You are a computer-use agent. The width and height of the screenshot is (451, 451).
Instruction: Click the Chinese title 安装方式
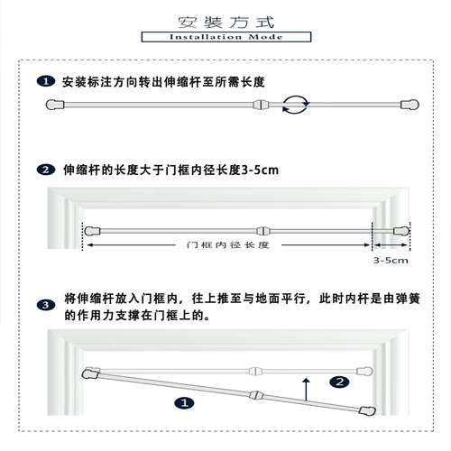[226, 23]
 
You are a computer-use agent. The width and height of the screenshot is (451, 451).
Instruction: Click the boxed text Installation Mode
[226, 37]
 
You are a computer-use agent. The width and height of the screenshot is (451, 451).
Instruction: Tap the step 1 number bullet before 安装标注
[46, 81]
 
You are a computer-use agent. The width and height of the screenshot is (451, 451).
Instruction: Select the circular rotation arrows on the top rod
[296, 105]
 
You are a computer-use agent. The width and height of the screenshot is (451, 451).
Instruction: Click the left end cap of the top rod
[55, 105]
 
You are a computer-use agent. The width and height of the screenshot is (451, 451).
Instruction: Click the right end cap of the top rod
[410, 105]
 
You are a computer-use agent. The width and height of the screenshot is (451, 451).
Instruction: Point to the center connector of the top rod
[261, 105]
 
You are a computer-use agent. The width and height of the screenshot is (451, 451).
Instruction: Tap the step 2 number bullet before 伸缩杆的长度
[46, 170]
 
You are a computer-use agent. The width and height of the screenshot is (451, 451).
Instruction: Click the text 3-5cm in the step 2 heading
[260, 170]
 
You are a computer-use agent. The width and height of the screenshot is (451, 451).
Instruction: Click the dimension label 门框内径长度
[227, 245]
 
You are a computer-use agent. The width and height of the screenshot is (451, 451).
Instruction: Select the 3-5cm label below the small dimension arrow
[391, 261]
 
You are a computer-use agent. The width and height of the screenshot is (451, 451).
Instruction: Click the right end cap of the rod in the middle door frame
[401, 231]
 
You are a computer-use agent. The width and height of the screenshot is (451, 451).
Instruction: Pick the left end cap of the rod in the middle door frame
[92, 231]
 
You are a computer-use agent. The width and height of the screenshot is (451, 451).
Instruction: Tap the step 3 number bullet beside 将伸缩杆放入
[46, 305]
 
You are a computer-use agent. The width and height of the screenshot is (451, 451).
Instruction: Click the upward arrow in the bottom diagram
[306, 390]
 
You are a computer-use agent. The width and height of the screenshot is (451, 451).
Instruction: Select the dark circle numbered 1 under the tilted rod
[184, 403]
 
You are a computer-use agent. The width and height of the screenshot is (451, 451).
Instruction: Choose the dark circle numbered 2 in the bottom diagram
[339, 382]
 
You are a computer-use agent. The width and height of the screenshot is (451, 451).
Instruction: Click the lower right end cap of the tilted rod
[367, 411]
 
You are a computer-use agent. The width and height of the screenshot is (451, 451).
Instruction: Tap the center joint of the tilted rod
[256, 395]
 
